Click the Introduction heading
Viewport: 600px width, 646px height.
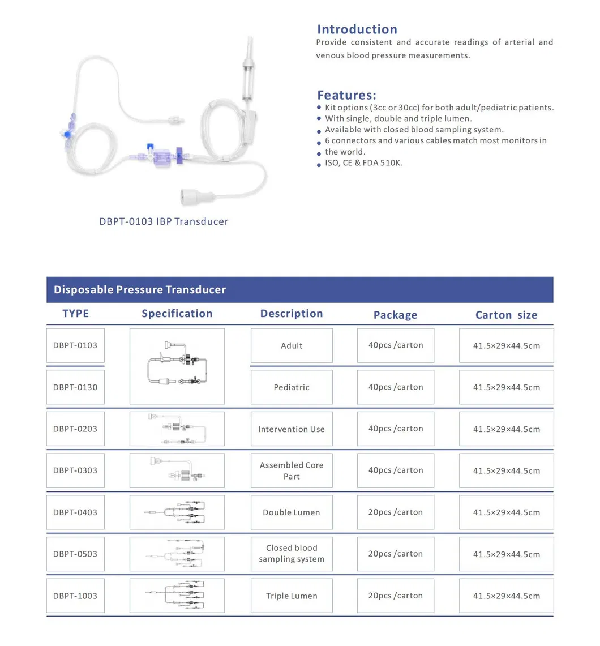coord(357,29)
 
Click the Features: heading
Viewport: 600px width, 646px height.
coord(346,95)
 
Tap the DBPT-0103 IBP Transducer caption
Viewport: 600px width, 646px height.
coord(164,221)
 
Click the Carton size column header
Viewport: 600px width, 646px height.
coord(506,315)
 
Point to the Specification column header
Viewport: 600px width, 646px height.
coord(177,314)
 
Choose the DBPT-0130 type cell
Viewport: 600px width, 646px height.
coord(75,387)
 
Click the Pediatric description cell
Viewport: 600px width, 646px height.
coord(292,387)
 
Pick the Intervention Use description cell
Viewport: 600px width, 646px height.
coord(292,429)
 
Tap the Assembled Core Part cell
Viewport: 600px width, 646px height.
coord(292,470)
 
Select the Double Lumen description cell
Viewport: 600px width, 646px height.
coord(292,512)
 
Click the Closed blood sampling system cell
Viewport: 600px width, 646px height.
coord(292,554)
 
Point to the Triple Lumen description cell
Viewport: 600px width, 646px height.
coord(292,596)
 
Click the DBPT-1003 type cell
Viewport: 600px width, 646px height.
coord(75,596)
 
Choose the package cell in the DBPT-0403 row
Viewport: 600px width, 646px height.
coord(396,512)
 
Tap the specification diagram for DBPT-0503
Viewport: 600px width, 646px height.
coord(177,554)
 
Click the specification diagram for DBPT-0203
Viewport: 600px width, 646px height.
coord(177,429)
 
